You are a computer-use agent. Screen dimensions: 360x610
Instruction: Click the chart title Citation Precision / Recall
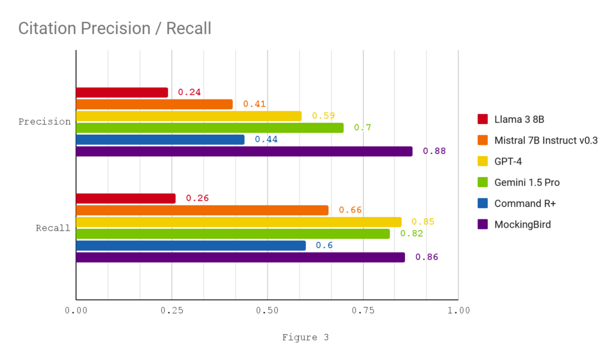[114, 28]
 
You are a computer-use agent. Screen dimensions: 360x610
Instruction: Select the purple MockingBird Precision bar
[244, 151]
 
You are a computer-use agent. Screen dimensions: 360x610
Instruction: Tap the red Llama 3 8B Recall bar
[126, 198]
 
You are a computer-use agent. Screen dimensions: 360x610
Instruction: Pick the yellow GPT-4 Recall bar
[238, 222]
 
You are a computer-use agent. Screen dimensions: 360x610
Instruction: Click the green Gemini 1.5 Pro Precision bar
[210, 128]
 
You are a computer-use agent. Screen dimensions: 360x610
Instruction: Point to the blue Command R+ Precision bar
[160, 139]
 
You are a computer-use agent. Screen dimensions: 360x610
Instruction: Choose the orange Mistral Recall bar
[202, 210]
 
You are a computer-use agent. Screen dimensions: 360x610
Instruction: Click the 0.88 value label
[434, 151]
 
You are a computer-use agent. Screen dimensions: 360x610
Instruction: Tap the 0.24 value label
[189, 92]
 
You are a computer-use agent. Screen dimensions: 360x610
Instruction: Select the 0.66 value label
[350, 210]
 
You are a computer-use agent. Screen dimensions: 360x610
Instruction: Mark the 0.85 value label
[423, 222]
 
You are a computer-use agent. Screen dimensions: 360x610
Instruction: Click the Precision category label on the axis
[45, 122]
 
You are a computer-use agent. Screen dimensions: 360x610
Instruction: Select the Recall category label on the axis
[53, 228]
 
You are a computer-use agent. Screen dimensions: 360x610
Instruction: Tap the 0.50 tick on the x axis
[267, 311]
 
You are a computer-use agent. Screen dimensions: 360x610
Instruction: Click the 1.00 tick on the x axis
[458, 311]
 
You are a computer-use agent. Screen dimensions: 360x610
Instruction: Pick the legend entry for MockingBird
[522, 225]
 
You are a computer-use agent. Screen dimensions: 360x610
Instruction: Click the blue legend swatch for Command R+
[483, 203]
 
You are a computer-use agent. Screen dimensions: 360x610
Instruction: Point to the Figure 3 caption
[305, 337]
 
